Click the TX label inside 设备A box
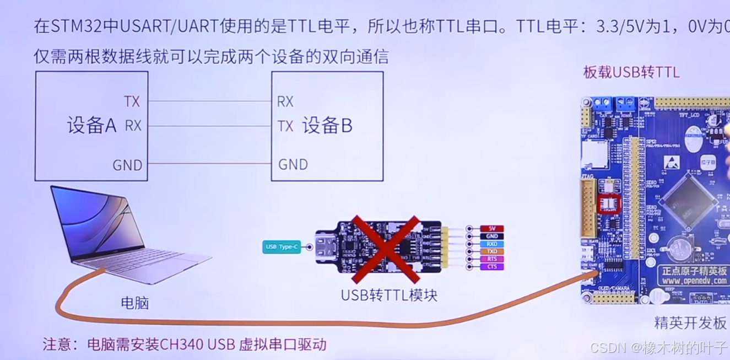coord(132,101)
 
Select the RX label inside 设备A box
coord(133,126)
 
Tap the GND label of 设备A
coord(127,165)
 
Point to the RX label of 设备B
coord(285,101)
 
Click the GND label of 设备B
coord(293,164)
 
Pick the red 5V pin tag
coord(492,229)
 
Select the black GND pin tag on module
coord(492,237)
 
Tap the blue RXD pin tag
coord(492,244)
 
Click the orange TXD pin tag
coord(492,251)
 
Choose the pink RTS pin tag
coord(492,259)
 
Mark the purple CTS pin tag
coord(492,267)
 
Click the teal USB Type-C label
coord(282,246)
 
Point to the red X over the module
coord(386,248)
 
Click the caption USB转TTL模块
coord(389,295)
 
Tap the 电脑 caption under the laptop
coord(135,303)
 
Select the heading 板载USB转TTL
coord(631,72)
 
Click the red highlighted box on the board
coord(609,204)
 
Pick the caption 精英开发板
coord(690,323)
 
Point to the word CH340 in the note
coord(181,345)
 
